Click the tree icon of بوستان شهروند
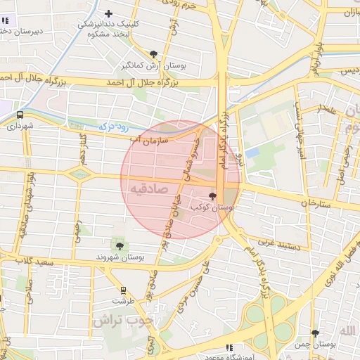(120, 246)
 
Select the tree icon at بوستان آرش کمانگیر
(154, 54)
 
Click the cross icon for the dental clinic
(108, 13)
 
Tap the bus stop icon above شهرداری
(20, 115)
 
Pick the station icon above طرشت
(124, 290)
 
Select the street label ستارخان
(315, 202)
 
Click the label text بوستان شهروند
(120, 258)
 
